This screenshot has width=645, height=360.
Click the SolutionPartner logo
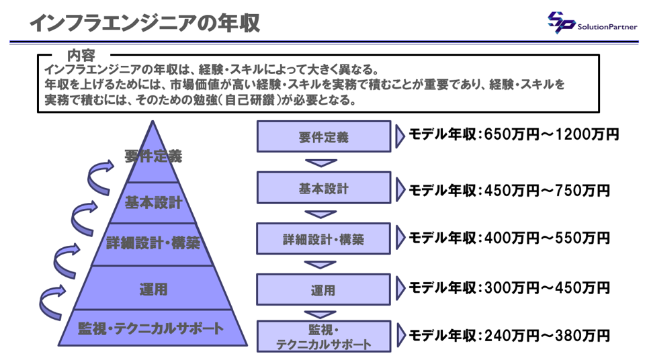pyautogui.click(x=593, y=23)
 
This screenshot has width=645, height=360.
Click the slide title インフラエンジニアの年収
pyautogui.click(x=145, y=22)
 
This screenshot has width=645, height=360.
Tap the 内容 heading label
pyautogui.click(x=81, y=55)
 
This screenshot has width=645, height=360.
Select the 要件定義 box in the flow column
pyautogui.click(x=324, y=136)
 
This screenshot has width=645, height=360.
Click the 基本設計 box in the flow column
pyautogui.click(x=324, y=187)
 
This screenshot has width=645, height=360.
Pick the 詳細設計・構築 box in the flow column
pyautogui.click(x=323, y=238)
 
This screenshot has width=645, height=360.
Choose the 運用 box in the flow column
pyautogui.click(x=323, y=289)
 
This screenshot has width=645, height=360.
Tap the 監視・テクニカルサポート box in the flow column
pyautogui.click(x=324, y=336)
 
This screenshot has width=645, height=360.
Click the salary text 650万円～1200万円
pyautogui.click(x=552, y=134)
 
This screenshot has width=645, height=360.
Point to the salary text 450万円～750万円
pyautogui.click(x=547, y=191)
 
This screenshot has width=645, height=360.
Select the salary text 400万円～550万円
pyautogui.click(x=547, y=238)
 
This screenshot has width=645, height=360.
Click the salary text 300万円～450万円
pyautogui.click(x=547, y=287)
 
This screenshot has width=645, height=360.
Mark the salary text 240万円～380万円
pyautogui.click(x=547, y=336)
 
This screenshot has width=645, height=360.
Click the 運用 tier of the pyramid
pyautogui.click(x=153, y=288)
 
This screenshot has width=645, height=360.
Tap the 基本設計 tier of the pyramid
pyautogui.click(x=153, y=203)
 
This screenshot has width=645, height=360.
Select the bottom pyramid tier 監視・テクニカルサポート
pyautogui.click(x=153, y=328)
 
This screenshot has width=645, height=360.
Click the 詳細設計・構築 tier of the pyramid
pyautogui.click(x=153, y=244)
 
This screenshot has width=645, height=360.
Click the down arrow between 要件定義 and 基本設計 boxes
pyautogui.click(x=321, y=163)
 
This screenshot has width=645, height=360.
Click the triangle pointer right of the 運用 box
pyautogui.click(x=400, y=288)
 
